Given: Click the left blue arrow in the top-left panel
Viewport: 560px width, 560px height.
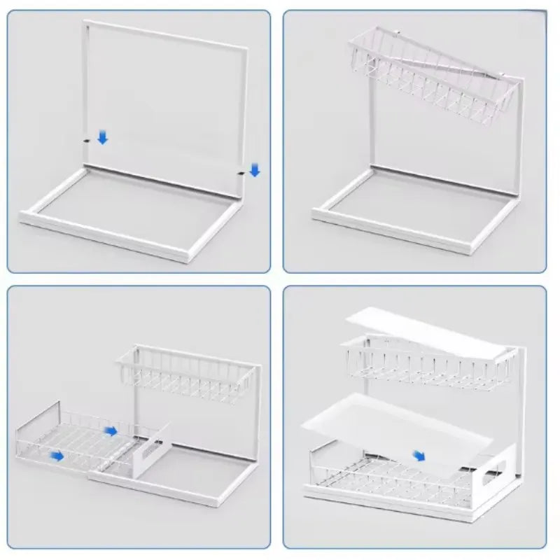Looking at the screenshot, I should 103,137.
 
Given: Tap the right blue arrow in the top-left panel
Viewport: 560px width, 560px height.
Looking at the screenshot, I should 254,169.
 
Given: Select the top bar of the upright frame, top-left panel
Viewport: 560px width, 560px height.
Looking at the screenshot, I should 165,34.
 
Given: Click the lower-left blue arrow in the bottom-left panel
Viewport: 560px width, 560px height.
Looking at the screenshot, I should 56,456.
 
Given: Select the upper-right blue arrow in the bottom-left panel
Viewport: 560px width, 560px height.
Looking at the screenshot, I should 111,430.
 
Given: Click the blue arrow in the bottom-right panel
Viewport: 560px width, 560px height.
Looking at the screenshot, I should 419,455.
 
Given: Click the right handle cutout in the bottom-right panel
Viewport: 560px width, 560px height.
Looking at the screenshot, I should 484,483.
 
